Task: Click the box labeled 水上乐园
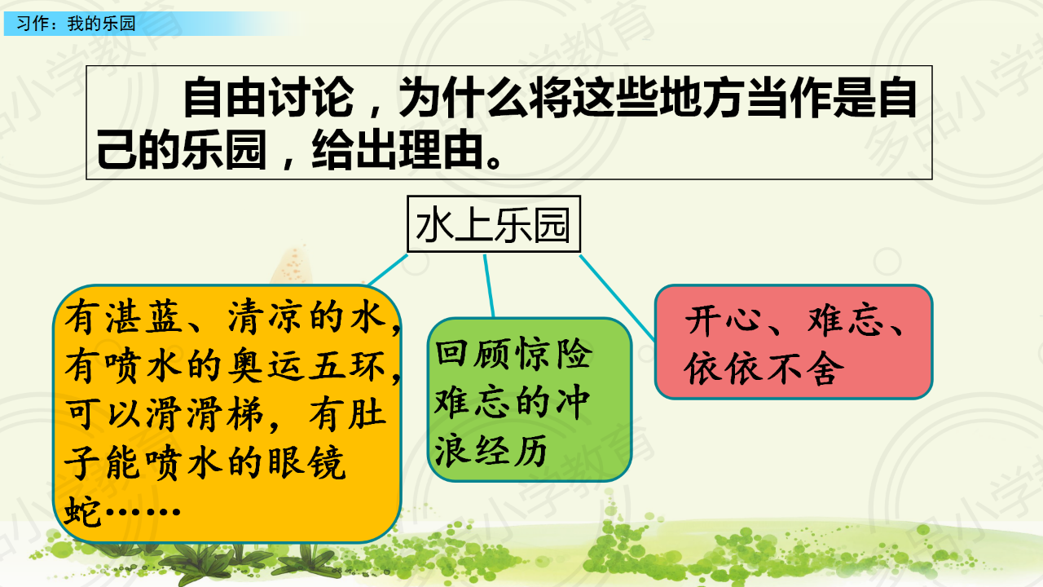click(494, 224)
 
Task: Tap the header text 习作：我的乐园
click(76, 24)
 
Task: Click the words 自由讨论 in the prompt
click(269, 98)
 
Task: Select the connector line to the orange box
click(388, 270)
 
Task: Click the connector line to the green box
click(489, 286)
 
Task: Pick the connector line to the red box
click(618, 298)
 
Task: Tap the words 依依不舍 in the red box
click(764, 368)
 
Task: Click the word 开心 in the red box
click(723, 320)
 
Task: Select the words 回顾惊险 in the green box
click(514, 354)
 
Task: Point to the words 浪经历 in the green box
click(491, 450)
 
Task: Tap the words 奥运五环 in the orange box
click(307, 366)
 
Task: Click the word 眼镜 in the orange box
click(307, 463)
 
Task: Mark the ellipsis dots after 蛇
click(143, 511)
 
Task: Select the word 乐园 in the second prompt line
click(224, 150)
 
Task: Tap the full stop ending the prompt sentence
click(494, 161)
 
